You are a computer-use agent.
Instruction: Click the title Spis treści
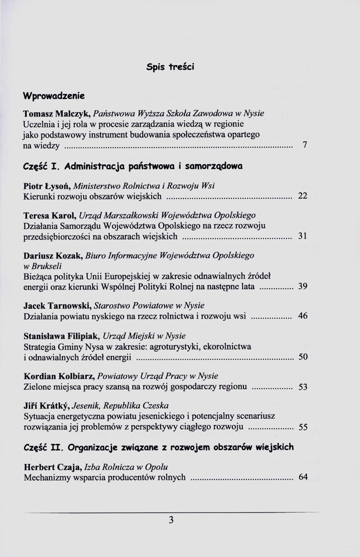pos(170,67)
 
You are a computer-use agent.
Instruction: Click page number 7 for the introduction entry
pos(304,145)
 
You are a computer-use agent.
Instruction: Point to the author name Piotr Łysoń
pos(49,185)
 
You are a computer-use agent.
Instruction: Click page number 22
pos(303,196)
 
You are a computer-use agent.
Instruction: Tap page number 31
pos(303,236)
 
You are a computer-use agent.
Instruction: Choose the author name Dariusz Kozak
pos(52,256)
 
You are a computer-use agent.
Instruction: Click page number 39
pos(303,287)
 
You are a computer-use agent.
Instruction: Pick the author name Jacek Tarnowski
pos(57,306)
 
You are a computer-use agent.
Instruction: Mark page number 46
pos(303,316)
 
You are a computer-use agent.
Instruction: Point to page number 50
pos(303,357)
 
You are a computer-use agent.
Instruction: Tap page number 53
pos(303,387)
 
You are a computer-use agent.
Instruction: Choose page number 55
pos(303,427)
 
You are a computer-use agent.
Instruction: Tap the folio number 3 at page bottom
pos(172,520)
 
